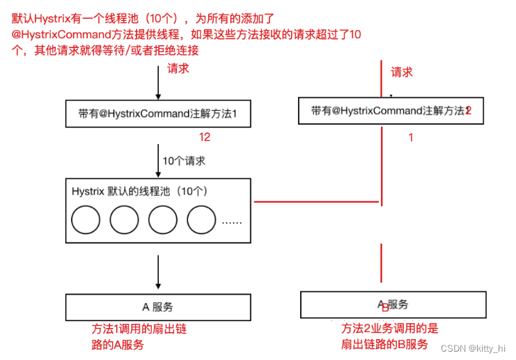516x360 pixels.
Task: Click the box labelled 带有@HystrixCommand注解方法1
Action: tap(158, 114)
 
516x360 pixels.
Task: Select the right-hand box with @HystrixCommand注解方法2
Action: tap(392, 111)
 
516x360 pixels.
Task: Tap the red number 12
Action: tap(204, 137)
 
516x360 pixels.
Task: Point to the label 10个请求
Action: tap(184, 161)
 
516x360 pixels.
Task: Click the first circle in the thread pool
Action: tap(86, 221)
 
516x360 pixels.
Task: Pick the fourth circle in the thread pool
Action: tap(202, 221)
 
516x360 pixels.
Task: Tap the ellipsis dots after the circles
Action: tap(231, 223)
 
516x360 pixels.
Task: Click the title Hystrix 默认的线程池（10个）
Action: tap(140, 191)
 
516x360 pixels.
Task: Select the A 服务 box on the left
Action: tap(158, 306)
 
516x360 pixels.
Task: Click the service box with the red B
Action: tap(393, 304)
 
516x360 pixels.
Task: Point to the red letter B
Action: tap(385, 306)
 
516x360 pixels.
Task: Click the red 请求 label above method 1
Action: tap(178, 69)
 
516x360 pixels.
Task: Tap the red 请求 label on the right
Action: tap(402, 72)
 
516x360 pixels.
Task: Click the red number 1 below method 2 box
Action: tap(410, 138)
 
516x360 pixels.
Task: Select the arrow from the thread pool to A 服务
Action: tap(159, 272)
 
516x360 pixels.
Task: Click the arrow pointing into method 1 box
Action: tap(159, 87)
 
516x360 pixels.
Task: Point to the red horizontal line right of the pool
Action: tap(317, 202)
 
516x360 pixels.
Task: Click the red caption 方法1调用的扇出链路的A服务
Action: tap(139, 336)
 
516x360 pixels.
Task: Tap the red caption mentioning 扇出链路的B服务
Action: tap(389, 336)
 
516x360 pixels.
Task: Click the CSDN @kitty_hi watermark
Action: tap(474, 347)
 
